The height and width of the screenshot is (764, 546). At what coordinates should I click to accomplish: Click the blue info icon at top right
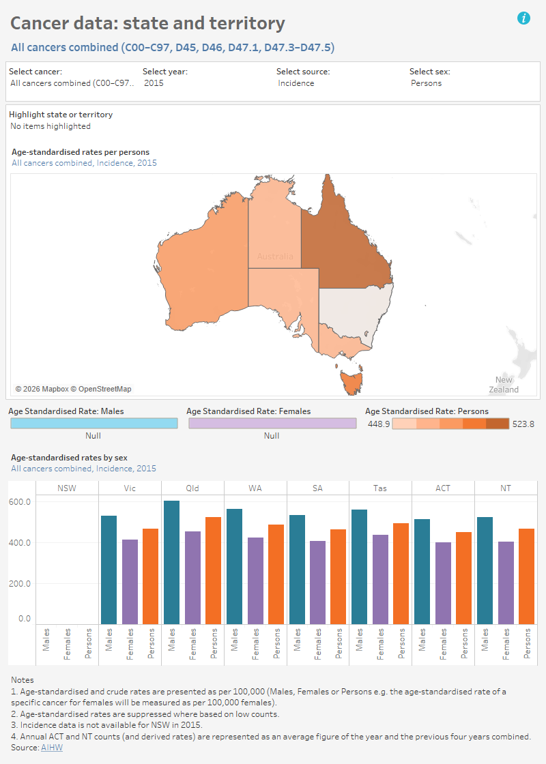524,18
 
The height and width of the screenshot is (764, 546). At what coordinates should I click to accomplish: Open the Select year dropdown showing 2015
154,83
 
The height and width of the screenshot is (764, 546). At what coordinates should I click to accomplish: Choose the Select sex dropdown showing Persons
427,83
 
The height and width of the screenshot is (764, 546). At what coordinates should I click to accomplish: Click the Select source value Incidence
296,83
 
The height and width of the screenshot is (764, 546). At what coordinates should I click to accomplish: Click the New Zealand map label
504,385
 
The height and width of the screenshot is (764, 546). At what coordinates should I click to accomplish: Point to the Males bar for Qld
171,563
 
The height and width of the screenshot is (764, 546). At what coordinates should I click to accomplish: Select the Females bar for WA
255,581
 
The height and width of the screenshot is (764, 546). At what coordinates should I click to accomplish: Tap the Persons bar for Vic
151,576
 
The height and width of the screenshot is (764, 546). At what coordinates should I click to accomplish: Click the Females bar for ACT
444,583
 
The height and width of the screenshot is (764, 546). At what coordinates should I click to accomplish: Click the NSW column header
67,488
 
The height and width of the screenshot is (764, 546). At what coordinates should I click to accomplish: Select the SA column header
317,488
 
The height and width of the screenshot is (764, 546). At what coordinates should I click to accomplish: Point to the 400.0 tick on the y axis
20,543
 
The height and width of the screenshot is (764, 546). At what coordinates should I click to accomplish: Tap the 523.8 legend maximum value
523,424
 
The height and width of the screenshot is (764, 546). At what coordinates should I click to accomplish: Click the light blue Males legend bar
94,424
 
